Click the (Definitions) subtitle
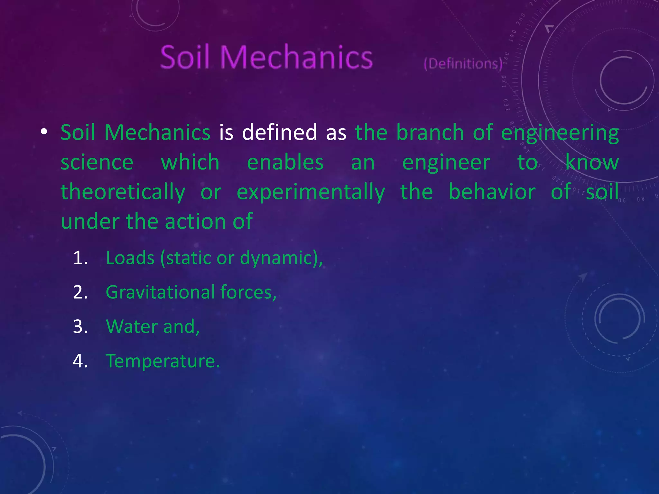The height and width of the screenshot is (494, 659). (463, 64)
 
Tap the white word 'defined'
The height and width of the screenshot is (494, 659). (279, 132)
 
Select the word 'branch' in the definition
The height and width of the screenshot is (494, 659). (430, 132)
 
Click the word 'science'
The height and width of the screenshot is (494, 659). (97, 162)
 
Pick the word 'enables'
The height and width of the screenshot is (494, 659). (285, 162)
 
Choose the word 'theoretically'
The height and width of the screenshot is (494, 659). (123, 192)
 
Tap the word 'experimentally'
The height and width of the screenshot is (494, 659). (311, 192)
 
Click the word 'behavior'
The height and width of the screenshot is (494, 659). (492, 192)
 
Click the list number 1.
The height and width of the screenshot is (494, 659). (80, 258)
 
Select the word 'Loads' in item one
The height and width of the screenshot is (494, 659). (130, 258)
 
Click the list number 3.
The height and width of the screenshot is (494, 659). (80, 326)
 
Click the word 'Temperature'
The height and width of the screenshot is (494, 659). (162, 361)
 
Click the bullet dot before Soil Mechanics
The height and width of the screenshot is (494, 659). (44, 132)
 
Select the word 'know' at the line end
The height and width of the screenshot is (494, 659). (592, 162)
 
